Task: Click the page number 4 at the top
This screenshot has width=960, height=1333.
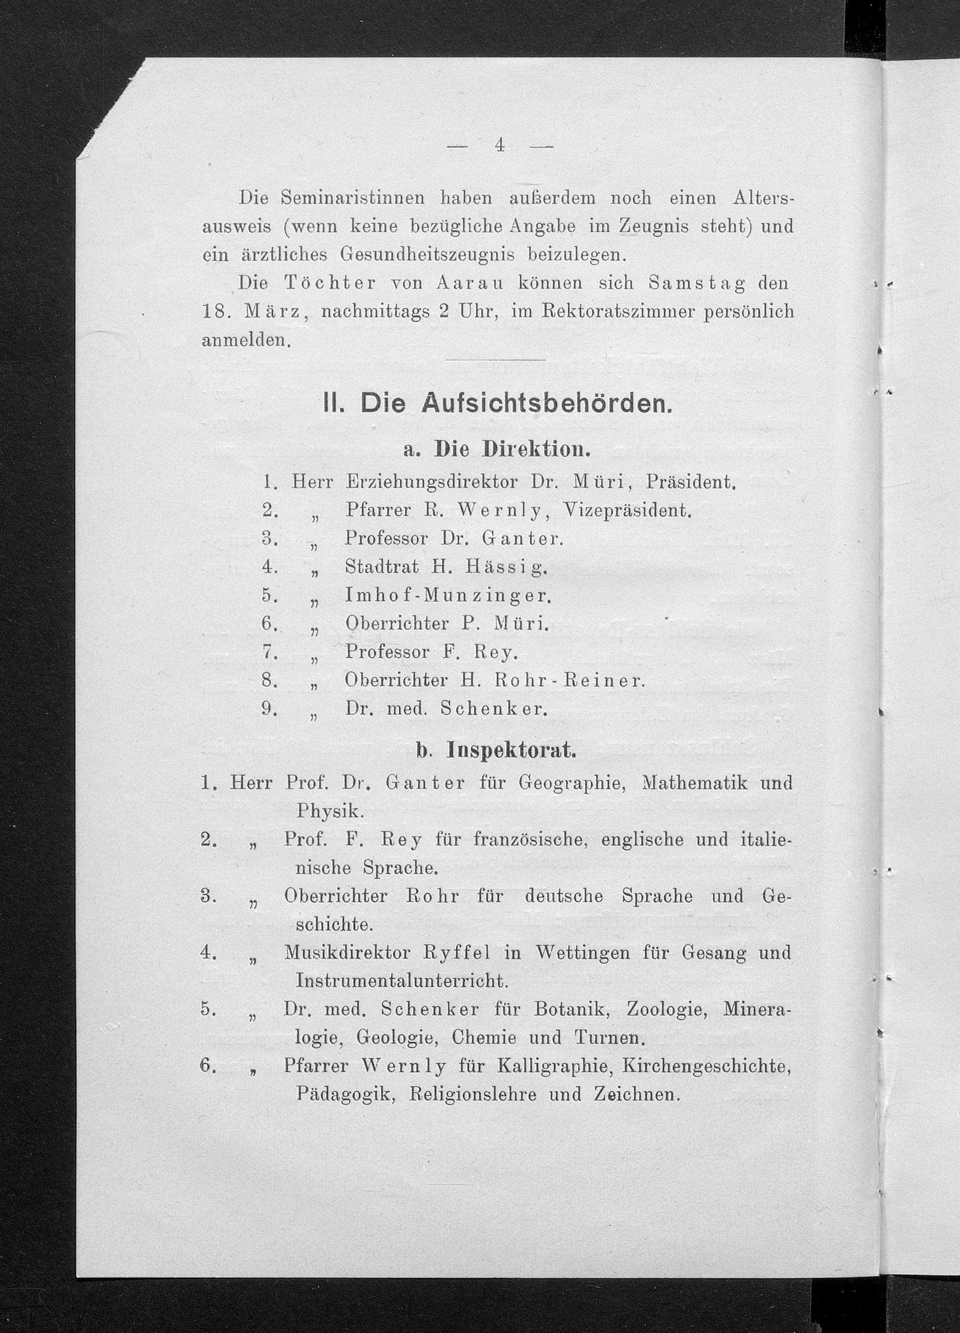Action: coord(499,145)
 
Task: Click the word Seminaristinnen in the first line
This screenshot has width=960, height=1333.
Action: coord(352,198)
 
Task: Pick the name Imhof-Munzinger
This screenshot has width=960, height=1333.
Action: coord(447,596)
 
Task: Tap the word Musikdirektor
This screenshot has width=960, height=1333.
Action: coord(347,952)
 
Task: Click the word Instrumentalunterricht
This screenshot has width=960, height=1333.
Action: coord(401,981)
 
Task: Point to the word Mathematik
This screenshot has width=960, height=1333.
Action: coord(696,783)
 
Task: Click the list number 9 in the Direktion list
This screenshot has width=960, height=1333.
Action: coord(268,709)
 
